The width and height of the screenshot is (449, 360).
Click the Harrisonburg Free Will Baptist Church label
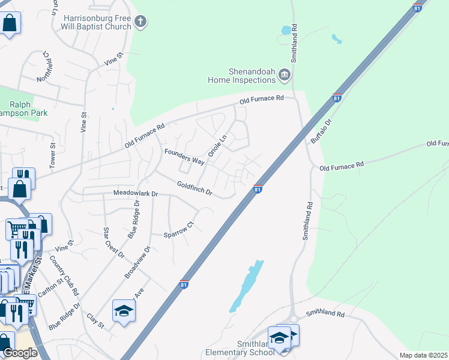pos(98,22)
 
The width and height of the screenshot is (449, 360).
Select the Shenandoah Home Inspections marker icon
pos(285,75)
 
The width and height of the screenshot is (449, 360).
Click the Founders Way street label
pos(185,156)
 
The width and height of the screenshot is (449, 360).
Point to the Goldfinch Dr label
pos(195,188)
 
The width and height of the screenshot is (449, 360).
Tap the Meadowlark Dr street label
pos(136,194)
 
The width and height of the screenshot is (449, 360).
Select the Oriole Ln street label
pos(217,146)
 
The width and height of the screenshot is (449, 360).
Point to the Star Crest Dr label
pos(113,242)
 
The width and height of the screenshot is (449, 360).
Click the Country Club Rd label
pos(65,275)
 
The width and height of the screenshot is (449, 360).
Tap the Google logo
pos(20,353)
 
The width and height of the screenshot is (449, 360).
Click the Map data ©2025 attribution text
pos(424,355)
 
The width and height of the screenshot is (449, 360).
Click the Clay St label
pos(95,321)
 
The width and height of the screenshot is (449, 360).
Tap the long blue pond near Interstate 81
pos(246,287)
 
